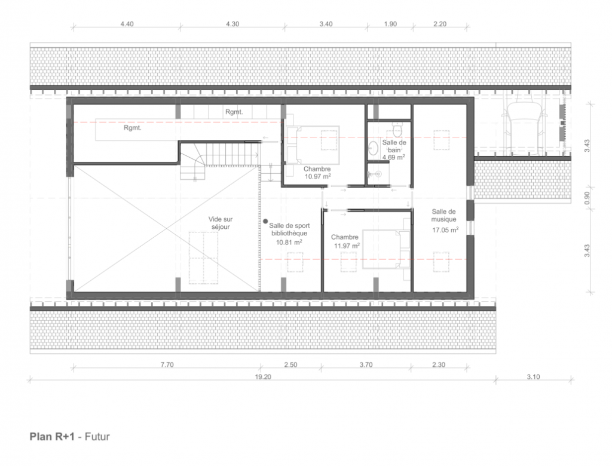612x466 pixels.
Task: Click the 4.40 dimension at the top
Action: click(x=127, y=24)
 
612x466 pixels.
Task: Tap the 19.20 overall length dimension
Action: click(x=263, y=376)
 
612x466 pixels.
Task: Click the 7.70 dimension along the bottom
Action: click(x=167, y=364)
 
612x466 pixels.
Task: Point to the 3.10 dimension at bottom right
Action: click(x=533, y=376)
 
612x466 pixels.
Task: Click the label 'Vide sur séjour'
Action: click(x=221, y=223)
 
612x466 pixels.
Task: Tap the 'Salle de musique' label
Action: click(x=444, y=216)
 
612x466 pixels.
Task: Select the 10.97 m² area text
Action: click(x=318, y=176)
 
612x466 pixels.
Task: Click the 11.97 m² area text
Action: click(x=347, y=246)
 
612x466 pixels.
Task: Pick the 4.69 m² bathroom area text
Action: click(x=393, y=157)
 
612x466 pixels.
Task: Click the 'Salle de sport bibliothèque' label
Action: click(x=289, y=229)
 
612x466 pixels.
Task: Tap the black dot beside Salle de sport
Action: click(x=265, y=221)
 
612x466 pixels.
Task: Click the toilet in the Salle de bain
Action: click(x=397, y=129)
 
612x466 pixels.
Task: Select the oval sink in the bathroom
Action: click(x=374, y=149)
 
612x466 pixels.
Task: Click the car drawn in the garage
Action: click(x=524, y=125)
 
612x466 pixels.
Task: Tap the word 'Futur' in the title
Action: click(x=97, y=436)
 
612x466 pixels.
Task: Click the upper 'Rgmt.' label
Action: click(x=234, y=112)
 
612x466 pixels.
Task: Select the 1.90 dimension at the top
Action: click(x=390, y=24)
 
